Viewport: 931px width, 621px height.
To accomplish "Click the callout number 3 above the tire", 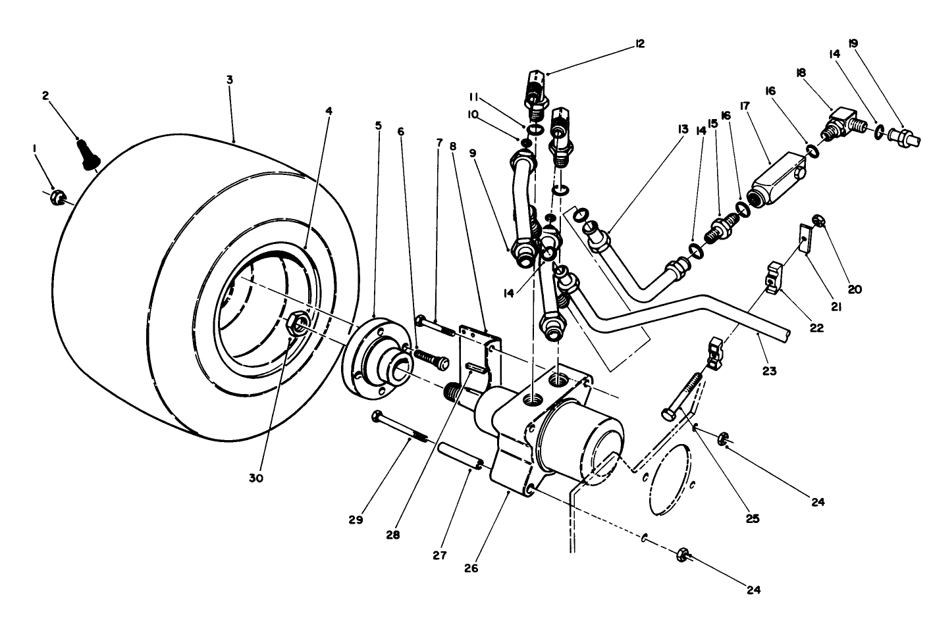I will (229, 80).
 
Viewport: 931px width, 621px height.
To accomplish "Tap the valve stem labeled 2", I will (87, 154).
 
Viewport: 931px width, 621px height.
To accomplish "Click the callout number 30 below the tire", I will (256, 478).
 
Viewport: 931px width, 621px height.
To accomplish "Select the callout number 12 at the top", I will (639, 43).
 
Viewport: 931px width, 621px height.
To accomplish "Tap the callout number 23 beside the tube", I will (769, 371).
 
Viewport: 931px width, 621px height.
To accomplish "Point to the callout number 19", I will (853, 43).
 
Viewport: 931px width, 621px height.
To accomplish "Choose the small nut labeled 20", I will (819, 221).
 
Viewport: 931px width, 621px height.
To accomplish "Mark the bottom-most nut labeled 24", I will (683, 556).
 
